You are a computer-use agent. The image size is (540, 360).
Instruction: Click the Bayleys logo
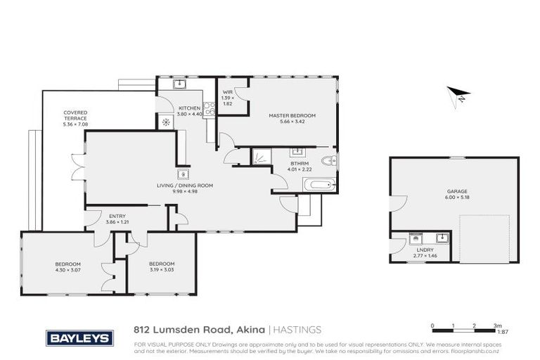click(79, 338)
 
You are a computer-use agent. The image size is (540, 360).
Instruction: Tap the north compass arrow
click(459, 94)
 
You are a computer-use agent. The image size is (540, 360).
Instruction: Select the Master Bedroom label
click(292, 115)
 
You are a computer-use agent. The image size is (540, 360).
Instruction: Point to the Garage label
click(457, 191)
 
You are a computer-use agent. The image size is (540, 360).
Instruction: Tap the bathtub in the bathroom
click(319, 185)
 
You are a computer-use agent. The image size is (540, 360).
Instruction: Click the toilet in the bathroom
click(329, 162)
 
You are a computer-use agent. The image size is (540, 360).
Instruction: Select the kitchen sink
click(179, 85)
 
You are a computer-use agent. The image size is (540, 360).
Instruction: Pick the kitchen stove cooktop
click(209, 110)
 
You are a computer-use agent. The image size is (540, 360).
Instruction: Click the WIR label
click(228, 91)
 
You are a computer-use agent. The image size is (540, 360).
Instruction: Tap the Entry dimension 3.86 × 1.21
click(117, 223)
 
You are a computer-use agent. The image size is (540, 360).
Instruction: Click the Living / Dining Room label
click(185, 186)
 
